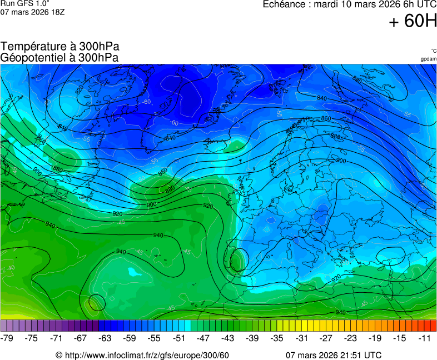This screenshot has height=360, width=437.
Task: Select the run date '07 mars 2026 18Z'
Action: click(x=32, y=12)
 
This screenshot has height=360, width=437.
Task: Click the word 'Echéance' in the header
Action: click(x=281, y=4)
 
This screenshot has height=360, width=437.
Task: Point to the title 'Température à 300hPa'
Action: click(x=60, y=47)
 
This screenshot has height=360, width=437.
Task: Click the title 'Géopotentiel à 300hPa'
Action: click(x=59, y=57)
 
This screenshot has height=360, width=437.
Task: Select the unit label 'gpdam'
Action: click(x=428, y=59)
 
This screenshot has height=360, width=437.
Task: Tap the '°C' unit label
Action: click(x=433, y=51)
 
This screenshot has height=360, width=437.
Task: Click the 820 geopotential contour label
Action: click(x=80, y=89)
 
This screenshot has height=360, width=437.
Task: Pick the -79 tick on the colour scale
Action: click(x=7, y=338)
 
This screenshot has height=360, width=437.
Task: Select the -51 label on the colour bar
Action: click(x=179, y=338)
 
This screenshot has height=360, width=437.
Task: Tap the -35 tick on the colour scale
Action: click(x=277, y=338)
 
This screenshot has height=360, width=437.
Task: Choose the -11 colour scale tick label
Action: click(x=425, y=338)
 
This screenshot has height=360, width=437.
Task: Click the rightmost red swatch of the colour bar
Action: click(x=433, y=326)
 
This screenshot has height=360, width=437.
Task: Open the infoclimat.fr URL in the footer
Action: click(x=142, y=355)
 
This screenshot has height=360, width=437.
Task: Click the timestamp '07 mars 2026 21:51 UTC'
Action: click(x=333, y=355)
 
